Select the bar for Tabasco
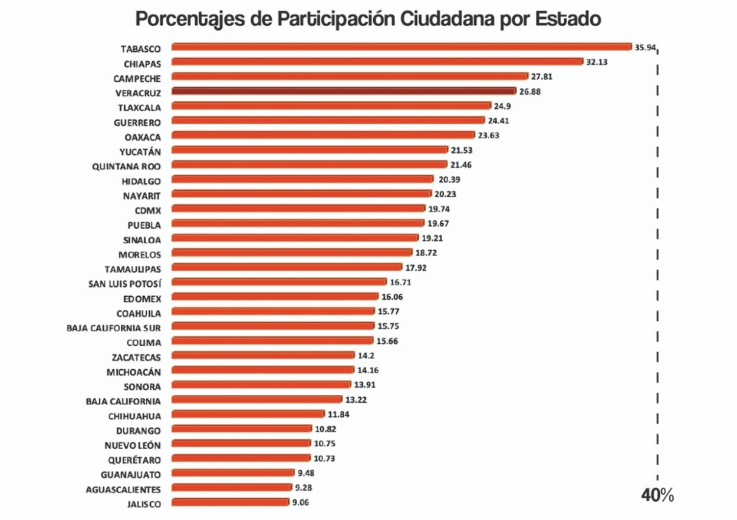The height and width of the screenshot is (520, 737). [402, 47]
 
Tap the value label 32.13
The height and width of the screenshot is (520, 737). [597, 62]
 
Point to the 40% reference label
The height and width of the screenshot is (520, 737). [657, 496]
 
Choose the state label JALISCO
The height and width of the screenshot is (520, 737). [143, 504]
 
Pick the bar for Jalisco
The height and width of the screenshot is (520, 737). [229, 503]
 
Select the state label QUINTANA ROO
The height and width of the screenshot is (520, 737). [126, 166]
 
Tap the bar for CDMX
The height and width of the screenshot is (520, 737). [298, 208]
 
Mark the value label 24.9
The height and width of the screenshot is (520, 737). [502, 106]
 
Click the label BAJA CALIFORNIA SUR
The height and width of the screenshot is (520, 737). [114, 327]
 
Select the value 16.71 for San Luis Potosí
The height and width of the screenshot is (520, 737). [400, 282]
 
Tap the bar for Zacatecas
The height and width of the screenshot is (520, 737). [263, 356]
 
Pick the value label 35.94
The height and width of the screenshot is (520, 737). [645, 48]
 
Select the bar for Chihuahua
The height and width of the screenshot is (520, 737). [248, 415]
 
